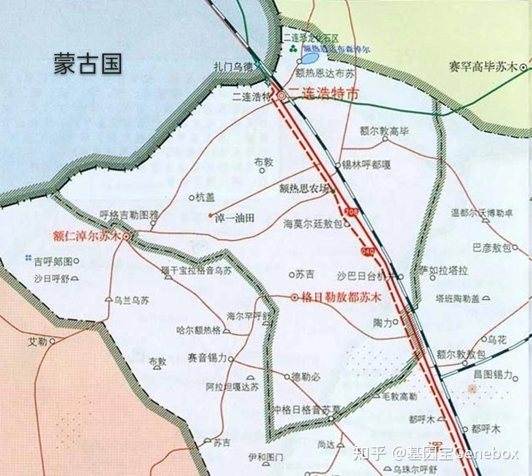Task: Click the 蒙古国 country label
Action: tap(87, 63)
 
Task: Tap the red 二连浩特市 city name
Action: tap(324, 94)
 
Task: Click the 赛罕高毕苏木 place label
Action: tap(483, 67)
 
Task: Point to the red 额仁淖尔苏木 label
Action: tap(86, 235)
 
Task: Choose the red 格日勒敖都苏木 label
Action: tap(341, 298)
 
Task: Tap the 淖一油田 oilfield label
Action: tap(234, 218)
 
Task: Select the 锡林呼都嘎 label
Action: tap(366, 165)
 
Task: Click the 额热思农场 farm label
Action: tap(304, 190)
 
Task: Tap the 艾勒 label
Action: tap(37, 341)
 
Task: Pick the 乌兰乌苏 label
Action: tap(132, 300)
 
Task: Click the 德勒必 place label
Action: tap(306, 377)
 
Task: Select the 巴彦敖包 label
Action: tap(492, 248)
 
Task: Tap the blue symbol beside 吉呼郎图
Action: tap(28, 258)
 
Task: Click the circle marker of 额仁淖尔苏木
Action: tap(126, 236)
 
